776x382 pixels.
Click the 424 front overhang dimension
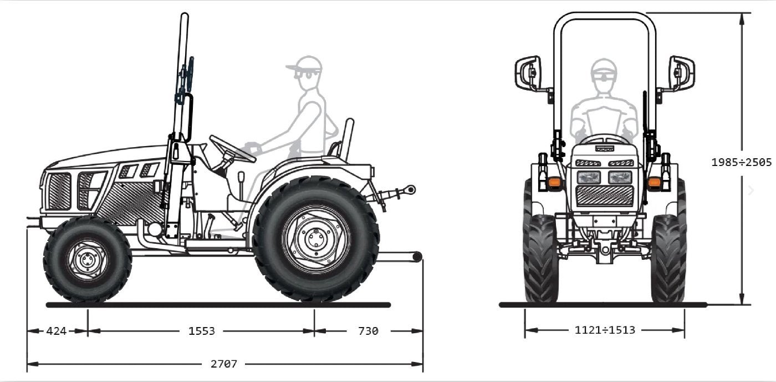(x=57, y=331)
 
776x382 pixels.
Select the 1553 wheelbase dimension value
(x=202, y=331)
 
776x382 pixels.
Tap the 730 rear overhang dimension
(x=368, y=331)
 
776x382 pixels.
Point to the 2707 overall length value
(x=224, y=364)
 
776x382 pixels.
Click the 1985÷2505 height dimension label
(x=742, y=162)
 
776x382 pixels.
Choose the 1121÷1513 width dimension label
(x=605, y=330)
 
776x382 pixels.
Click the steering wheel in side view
(x=232, y=148)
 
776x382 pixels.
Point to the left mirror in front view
(x=528, y=72)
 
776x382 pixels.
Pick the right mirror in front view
(x=682, y=72)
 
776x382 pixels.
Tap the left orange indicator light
(x=553, y=182)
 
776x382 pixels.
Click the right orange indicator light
(x=655, y=182)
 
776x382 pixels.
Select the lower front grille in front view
(x=604, y=195)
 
